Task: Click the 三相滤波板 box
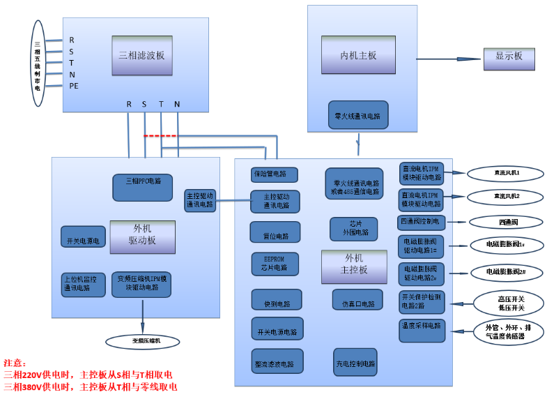click(x=142, y=55)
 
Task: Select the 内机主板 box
click(x=358, y=55)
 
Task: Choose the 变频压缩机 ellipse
click(x=142, y=341)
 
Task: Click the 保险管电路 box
click(x=275, y=174)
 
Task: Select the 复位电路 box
click(x=275, y=232)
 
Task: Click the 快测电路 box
click(x=276, y=300)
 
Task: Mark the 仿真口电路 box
click(x=357, y=300)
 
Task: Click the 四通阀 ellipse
click(x=507, y=223)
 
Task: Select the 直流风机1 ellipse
click(x=507, y=172)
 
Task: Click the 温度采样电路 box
click(x=422, y=330)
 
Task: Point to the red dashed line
click(x=160, y=135)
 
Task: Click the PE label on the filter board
click(x=74, y=86)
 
